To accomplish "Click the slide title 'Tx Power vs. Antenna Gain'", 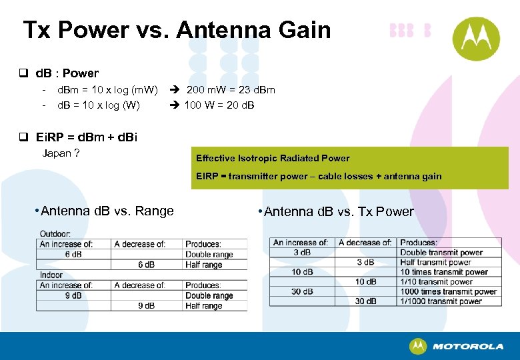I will pos(177,30).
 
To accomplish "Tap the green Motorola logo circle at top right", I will pos(476,39).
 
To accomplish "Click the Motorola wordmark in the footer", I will pos(467,347).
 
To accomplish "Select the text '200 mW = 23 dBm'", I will pos(231,90).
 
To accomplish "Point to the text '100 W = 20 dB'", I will pos(219,105).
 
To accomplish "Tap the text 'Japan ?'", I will pos(61,153).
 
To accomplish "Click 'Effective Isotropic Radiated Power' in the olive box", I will pos(273,158).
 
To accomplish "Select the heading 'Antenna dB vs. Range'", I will pos(107,211).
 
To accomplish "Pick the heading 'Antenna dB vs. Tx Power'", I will pos(339,212).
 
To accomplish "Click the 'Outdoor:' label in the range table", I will pos(55,234).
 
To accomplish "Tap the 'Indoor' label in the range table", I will pos(51,275).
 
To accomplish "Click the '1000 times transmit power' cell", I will pos(448,291).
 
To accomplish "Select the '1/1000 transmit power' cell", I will pos(441,301).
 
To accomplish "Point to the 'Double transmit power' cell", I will pos(441,253).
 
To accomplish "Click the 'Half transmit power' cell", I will pos(437,262).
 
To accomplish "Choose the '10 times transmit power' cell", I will pos(444,272).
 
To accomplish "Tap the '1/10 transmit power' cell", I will pos(436,281).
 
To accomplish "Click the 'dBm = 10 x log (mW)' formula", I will pos(107,90).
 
